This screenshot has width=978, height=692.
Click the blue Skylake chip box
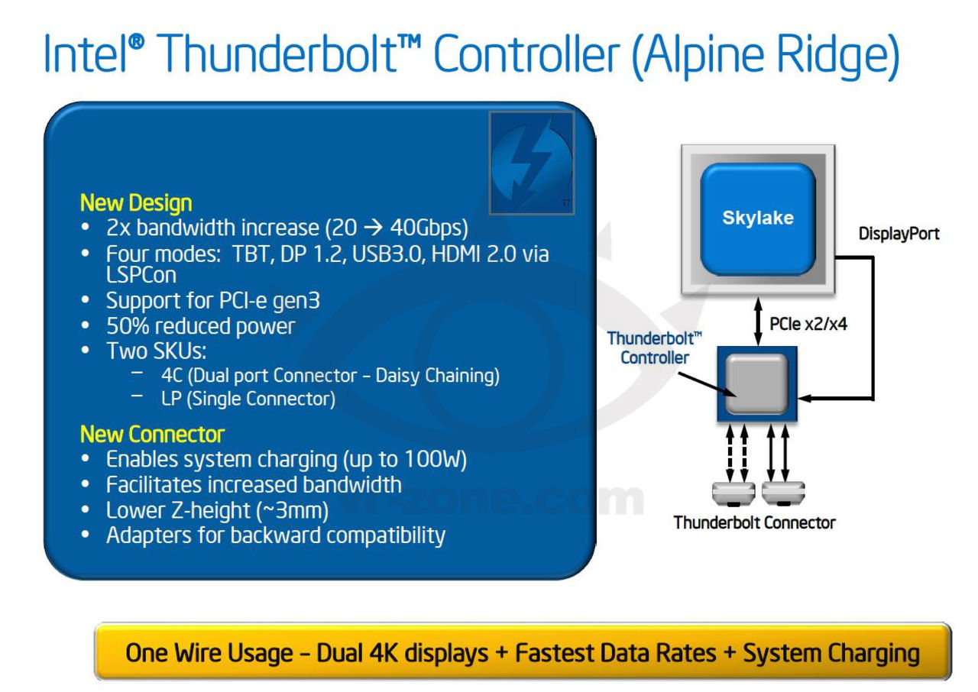click(757, 218)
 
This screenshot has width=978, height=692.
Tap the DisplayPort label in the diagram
click(899, 234)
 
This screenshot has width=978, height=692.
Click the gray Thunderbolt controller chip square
click(756, 383)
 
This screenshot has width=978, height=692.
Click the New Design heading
click(136, 204)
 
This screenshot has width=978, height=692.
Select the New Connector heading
click(152, 435)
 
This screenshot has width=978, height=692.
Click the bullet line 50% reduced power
click(200, 326)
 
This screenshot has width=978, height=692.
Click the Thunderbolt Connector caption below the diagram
click(754, 523)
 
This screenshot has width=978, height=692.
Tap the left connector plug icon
click(732, 493)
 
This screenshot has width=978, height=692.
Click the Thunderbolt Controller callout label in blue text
click(644, 348)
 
